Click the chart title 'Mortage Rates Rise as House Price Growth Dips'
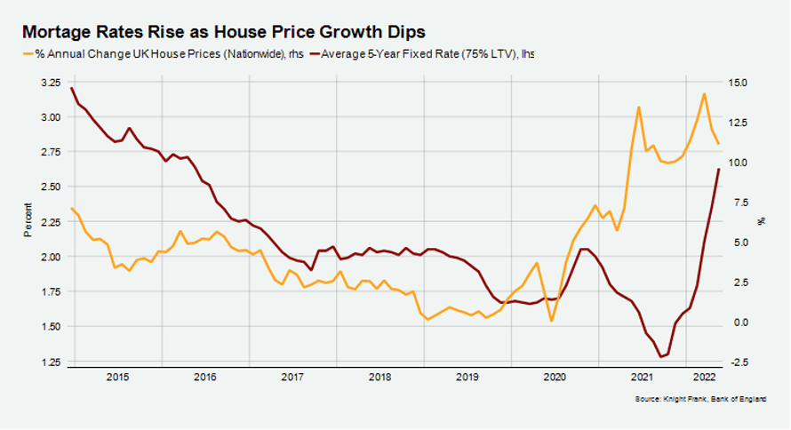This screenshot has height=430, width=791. click(x=224, y=31)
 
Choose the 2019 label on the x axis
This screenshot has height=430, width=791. click(x=467, y=377)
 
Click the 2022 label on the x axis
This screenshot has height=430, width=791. click(x=701, y=377)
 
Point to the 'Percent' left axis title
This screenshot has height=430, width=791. click(x=28, y=222)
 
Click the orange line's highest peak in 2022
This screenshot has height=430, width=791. click(x=704, y=93)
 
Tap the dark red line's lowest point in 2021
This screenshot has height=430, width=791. click(x=660, y=357)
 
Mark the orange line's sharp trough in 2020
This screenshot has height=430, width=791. click(x=552, y=321)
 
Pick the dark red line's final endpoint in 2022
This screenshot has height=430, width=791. click(x=719, y=169)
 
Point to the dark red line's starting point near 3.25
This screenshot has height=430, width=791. click(x=70, y=87)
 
